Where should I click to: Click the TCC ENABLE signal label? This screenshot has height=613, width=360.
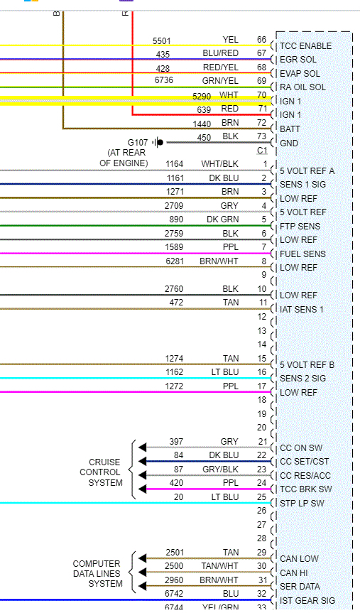[306, 45]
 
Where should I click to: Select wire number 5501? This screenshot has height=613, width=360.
[161, 40]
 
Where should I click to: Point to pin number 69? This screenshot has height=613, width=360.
[262, 81]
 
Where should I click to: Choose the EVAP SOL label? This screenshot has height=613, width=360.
[300, 73]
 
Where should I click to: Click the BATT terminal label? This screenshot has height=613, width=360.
[290, 129]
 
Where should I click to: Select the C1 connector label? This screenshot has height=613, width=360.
[262, 151]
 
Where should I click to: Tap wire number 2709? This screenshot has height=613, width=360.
[174, 205]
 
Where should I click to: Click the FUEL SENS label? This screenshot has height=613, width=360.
[302, 254]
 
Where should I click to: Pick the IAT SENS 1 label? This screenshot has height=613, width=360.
[302, 309]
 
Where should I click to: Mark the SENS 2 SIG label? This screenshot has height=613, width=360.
[302, 379]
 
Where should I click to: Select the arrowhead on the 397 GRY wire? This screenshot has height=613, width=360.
[142, 447]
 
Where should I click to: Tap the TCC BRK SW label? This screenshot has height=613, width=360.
[305, 489]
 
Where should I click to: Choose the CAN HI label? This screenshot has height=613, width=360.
[294, 573]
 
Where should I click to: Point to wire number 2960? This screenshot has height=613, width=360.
[174, 580]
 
